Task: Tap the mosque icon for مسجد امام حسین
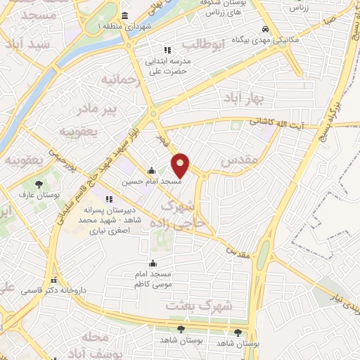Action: [151, 170]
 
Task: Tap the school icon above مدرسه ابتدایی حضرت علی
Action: [167, 50]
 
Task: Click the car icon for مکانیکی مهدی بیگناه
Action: [264, 30]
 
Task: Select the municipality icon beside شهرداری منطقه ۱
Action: [124, 17]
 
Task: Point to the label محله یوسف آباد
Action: [95, 344]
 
